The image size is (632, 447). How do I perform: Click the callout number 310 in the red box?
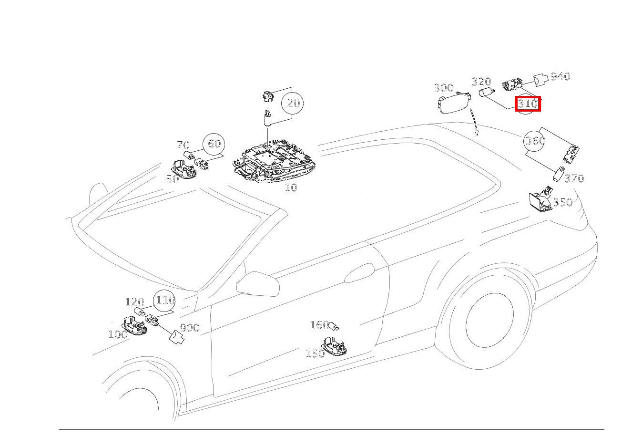pyautogui.click(x=528, y=104)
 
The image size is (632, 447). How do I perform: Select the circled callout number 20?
pyautogui.click(x=293, y=103)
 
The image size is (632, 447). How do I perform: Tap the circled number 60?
pyautogui.click(x=214, y=144)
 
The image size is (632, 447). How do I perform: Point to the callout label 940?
pyautogui.click(x=561, y=76)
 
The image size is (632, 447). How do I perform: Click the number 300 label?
pyautogui.click(x=444, y=88)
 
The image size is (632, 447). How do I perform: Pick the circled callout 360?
pyautogui.click(x=534, y=140)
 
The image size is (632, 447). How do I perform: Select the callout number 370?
pyautogui.click(x=574, y=178)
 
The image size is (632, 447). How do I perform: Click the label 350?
pyautogui.click(x=562, y=202)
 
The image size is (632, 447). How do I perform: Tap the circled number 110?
pyautogui.click(x=164, y=300)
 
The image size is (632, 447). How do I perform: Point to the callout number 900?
pyautogui.click(x=190, y=328)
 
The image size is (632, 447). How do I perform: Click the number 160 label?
pyautogui.click(x=319, y=325)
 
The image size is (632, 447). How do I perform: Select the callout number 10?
pyautogui.click(x=291, y=187)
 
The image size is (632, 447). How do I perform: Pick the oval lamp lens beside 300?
pyautogui.click(x=454, y=103)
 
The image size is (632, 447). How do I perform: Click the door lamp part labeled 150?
pyautogui.click(x=334, y=346)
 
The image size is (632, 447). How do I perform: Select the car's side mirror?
pyautogui.click(x=257, y=284)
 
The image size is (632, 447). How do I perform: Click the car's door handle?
pyautogui.click(x=359, y=273)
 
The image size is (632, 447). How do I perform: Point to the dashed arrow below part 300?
pyautogui.click(x=473, y=122)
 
